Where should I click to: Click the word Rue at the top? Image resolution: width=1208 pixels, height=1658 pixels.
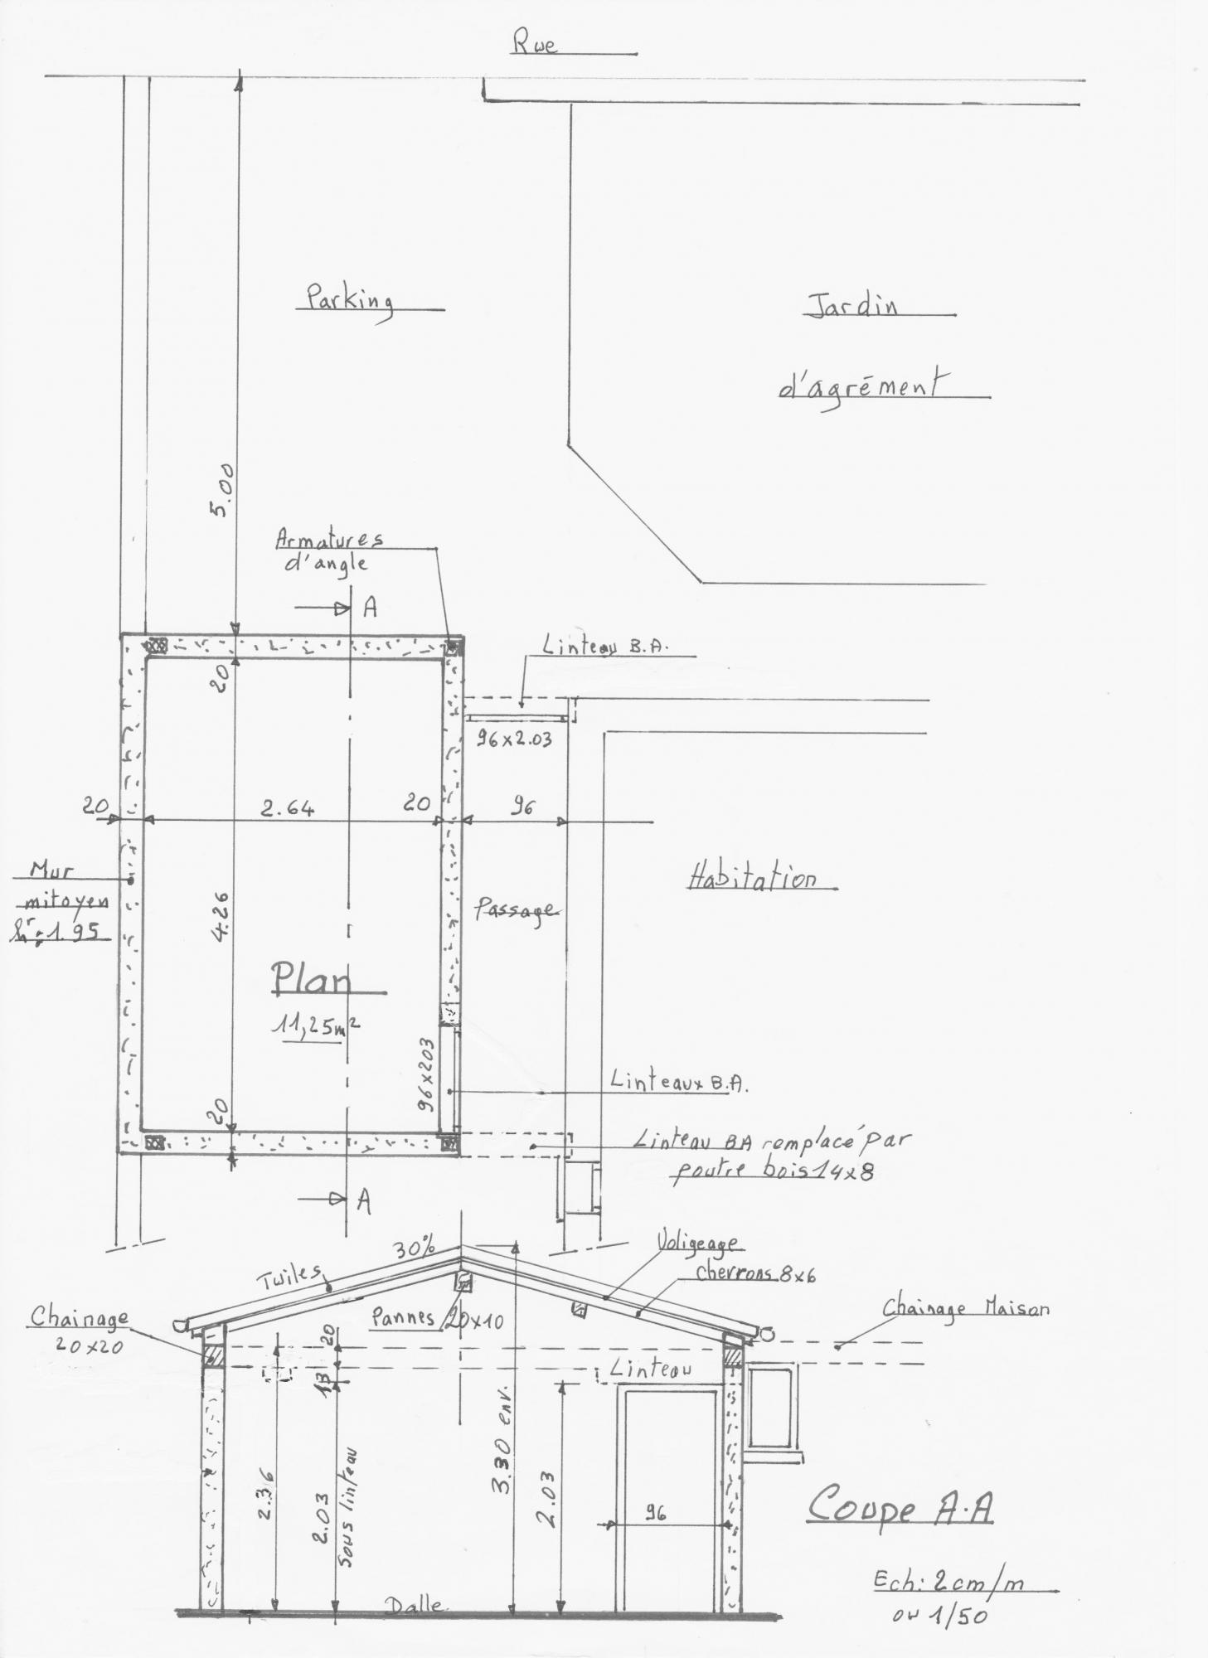tap(535, 43)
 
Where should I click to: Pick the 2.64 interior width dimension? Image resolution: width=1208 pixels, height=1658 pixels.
tap(288, 807)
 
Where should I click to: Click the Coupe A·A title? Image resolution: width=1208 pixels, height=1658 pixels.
tap(900, 1505)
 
